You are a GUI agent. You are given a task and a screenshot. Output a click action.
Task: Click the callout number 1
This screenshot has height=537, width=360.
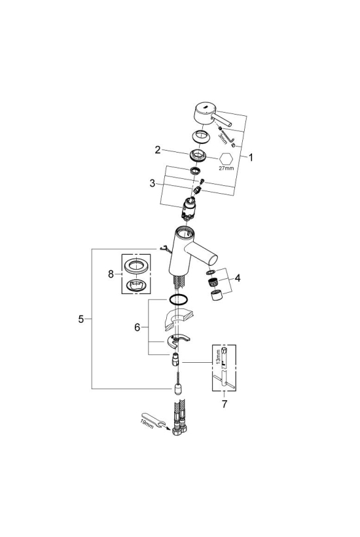pyautogui.click(x=251, y=158)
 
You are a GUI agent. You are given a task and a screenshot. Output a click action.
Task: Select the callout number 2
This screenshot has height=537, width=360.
pyautogui.click(x=157, y=150)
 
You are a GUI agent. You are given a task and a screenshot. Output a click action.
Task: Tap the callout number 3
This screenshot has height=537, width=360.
pyautogui.click(x=153, y=183)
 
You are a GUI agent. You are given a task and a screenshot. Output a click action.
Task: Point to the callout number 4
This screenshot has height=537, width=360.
pyautogui.click(x=238, y=278)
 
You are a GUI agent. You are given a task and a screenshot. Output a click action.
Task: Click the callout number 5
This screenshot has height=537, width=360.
pyautogui.click(x=81, y=319)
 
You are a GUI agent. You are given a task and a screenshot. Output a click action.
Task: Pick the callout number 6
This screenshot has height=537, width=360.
pyautogui.click(x=137, y=327)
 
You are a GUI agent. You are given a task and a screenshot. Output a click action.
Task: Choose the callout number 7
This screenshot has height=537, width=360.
pyautogui.click(x=224, y=404)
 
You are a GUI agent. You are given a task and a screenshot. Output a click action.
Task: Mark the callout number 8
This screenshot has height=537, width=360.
pyautogui.click(x=111, y=274)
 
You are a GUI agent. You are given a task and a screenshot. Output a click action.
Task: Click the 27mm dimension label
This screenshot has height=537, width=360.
pyautogui.click(x=226, y=168)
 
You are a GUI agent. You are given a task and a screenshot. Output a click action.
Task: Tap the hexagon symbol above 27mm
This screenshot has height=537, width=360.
pyautogui.click(x=226, y=158)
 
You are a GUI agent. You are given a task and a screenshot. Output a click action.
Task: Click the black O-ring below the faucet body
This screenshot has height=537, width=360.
pyautogui.click(x=178, y=299)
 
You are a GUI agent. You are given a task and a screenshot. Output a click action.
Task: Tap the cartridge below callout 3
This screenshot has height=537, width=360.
pyautogui.click(x=189, y=208)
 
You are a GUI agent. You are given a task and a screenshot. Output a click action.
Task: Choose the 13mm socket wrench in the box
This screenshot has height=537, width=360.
pyautogui.click(x=223, y=369)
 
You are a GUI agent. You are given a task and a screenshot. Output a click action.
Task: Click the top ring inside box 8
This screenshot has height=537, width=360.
pyautogui.click(x=136, y=266)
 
